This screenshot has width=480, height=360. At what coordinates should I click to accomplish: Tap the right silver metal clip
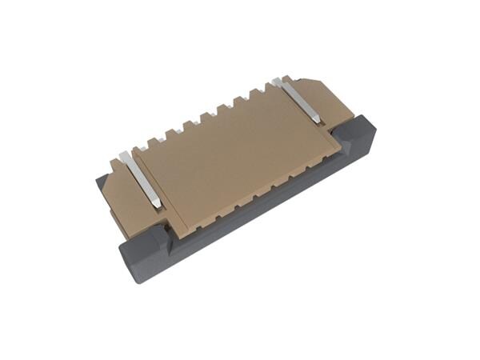(x=298, y=100)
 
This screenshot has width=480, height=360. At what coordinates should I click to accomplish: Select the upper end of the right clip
(x=278, y=81)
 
